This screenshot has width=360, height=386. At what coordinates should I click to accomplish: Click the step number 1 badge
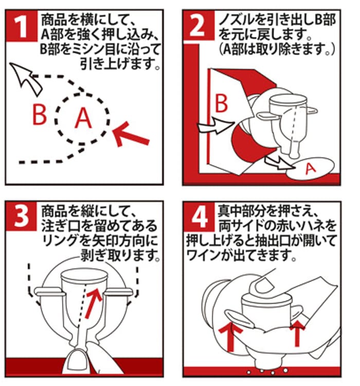click(x=22, y=26)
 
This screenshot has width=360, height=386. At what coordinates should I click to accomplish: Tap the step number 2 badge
click(x=199, y=25)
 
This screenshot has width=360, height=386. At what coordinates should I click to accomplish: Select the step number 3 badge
click(x=21, y=216)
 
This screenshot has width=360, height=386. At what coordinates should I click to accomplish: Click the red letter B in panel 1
click(x=40, y=114)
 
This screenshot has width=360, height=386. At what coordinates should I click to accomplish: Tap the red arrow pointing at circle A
click(x=130, y=134)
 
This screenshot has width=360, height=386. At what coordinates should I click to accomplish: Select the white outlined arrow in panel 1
click(x=25, y=78)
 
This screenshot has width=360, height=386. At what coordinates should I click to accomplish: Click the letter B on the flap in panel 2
click(x=221, y=103)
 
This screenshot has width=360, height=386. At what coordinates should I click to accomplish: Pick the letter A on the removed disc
click(x=311, y=169)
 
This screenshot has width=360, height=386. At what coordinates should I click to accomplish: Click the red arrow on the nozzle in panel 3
click(x=93, y=303)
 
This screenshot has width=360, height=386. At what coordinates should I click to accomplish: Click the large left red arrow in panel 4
click(x=230, y=336)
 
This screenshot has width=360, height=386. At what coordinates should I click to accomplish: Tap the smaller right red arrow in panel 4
click(x=297, y=333)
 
